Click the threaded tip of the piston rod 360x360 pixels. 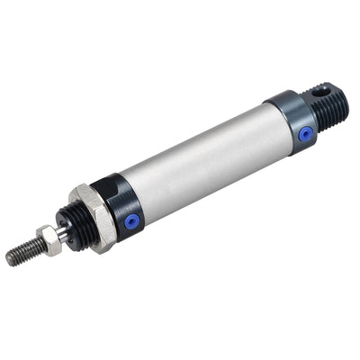pyautogui.click(x=22, y=253)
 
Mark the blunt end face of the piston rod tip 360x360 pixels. pyautogui.click(x=9, y=259)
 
